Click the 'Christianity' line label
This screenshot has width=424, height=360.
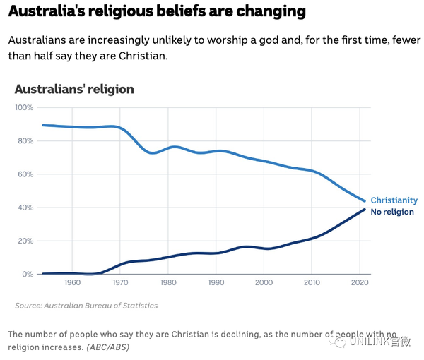[x=394, y=200]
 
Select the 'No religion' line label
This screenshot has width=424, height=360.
[x=392, y=212]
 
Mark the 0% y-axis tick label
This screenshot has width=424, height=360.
[x=27, y=274]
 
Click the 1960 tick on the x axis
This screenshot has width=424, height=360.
[x=72, y=283]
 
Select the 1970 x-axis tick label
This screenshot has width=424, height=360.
[x=120, y=283]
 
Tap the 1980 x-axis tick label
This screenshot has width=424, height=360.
[x=168, y=283]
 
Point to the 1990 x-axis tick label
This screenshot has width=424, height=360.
[x=216, y=283]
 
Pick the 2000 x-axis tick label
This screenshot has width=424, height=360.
[x=264, y=283]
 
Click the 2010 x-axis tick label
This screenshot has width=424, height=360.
[x=312, y=283]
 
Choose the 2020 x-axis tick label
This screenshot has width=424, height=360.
[x=360, y=283]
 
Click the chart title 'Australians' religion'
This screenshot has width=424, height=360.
[x=74, y=90]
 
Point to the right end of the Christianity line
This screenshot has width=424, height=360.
[x=365, y=201]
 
